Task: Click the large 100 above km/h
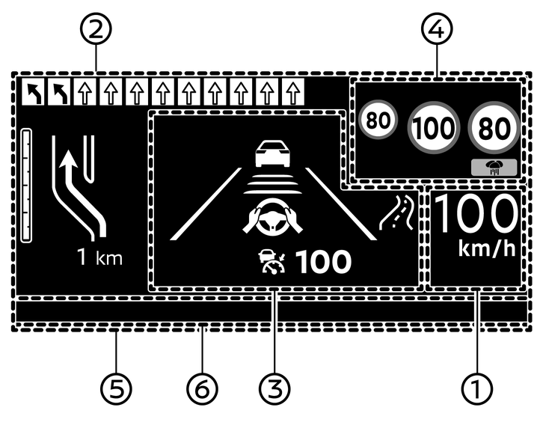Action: (476, 216)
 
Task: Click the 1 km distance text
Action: (99, 259)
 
